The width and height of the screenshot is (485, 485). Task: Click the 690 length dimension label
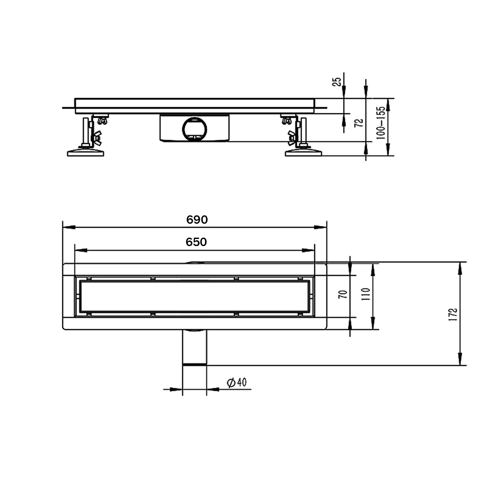click(x=197, y=220)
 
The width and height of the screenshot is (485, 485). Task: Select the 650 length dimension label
click(x=196, y=242)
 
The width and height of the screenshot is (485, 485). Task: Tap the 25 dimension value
click(x=337, y=81)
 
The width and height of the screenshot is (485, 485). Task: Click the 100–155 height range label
click(x=381, y=123)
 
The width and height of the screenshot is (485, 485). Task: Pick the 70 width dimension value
click(x=343, y=294)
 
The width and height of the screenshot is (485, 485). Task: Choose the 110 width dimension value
click(x=365, y=294)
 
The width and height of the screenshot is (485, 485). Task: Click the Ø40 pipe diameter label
click(x=237, y=383)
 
